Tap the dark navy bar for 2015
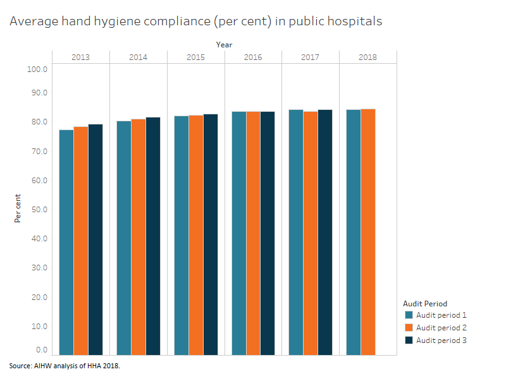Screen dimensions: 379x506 point(210,234)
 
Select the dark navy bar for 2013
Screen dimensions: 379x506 point(96,239)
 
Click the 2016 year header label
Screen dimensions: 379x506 point(253,57)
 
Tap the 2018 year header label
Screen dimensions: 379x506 point(367,57)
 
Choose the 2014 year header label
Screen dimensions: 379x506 point(138,57)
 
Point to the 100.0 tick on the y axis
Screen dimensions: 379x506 point(37,69)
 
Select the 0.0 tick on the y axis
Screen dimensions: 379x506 point(41,349)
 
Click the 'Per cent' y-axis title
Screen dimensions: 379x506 point(18,208)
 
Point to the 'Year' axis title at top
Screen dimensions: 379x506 point(224,45)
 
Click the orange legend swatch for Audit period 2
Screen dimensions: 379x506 point(409,328)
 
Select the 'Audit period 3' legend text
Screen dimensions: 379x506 point(441,340)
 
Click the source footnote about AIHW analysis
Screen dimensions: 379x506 point(64,366)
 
